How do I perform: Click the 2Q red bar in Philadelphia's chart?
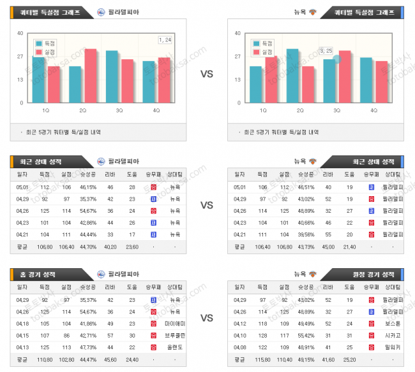click(x=91, y=76)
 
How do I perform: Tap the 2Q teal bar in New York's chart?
click(x=292, y=76)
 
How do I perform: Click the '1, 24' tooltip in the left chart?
click(x=165, y=40)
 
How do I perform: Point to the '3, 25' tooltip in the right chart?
click(x=326, y=50)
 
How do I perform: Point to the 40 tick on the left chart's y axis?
click(x=20, y=33)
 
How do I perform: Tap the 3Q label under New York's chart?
click(x=337, y=110)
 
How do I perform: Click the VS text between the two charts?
click(x=207, y=74)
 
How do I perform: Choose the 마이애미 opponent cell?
click(x=175, y=324)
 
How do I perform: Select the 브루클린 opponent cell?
click(x=175, y=335)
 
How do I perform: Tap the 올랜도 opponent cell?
click(x=175, y=347)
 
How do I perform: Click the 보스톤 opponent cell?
click(x=392, y=324)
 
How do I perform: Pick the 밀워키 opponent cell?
click(x=392, y=347)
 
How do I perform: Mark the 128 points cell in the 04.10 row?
click(x=260, y=335)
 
